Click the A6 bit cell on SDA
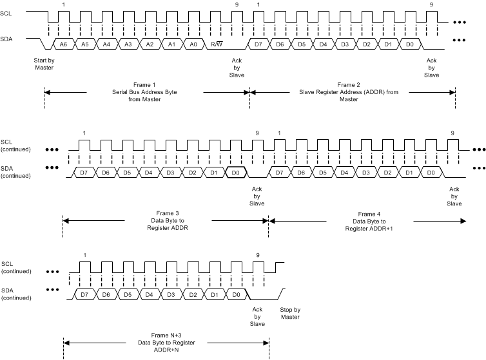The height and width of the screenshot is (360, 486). pyautogui.click(x=63, y=43)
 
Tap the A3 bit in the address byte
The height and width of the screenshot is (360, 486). pyautogui.click(x=128, y=43)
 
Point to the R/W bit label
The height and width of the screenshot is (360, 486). pyautogui.click(x=216, y=43)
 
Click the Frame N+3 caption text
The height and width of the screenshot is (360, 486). pyautogui.click(x=166, y=340)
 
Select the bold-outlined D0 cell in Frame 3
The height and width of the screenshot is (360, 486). pyautogui.click(x=236, y=173)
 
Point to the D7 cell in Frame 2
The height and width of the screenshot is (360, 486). pyautogui.click(x=258, y=43)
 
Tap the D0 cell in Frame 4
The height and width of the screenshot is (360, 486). pyautogui.click(x=431, y=173)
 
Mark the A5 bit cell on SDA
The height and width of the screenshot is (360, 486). pyautogui.click(x=84, y=43)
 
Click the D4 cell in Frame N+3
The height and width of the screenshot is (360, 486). pyautogui.click(x=148, y=294)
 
